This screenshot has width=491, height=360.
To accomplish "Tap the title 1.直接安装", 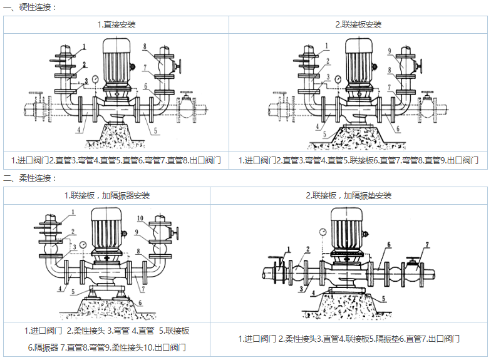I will (x=116, y=25).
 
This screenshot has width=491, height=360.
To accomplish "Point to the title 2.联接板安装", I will (x=358, y=25).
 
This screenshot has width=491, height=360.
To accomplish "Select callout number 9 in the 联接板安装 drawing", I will (x=389, y=51).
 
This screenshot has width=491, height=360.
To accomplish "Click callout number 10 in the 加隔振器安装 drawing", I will (x=140, y=219).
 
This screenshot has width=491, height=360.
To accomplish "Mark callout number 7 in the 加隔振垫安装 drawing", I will (x=428, y=244).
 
